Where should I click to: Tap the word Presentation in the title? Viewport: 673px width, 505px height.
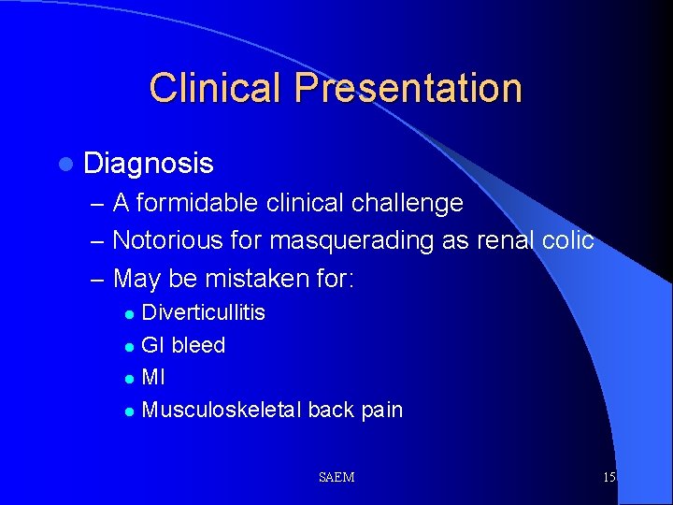(408, 88)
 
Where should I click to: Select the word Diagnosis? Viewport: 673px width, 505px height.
(149, 165)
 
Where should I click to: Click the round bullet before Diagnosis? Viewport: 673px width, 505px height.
(64, 165)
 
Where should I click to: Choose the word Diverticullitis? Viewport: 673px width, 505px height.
(203, 312)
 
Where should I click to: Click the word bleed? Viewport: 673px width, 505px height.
(198, 345)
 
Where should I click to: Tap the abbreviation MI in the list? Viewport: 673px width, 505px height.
(153, 378)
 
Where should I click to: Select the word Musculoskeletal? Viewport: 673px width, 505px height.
(221, 410)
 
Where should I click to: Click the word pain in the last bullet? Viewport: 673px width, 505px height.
(381, 410)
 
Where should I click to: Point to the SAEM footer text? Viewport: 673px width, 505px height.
(336, 478)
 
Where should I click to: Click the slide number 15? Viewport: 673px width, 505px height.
(609, 478)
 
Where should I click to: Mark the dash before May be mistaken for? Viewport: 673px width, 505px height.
(98, 279)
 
